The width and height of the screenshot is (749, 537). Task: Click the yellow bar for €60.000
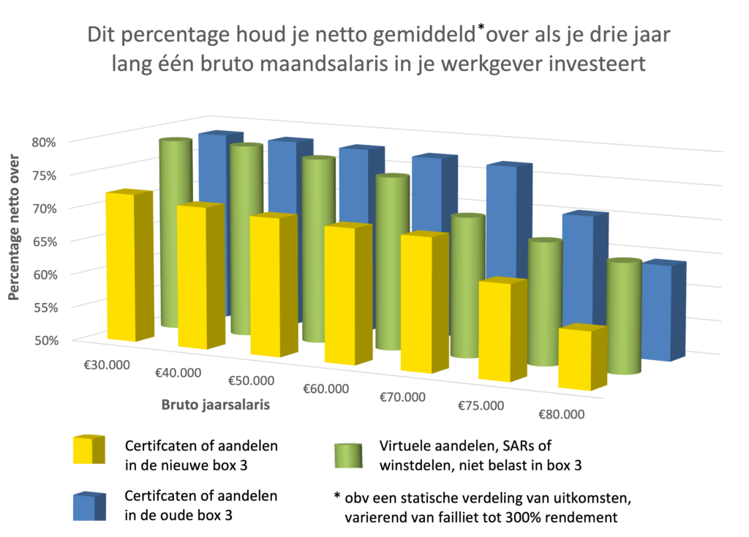(x=345, y=296)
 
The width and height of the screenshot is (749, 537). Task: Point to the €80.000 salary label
(x=562, y=415)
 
